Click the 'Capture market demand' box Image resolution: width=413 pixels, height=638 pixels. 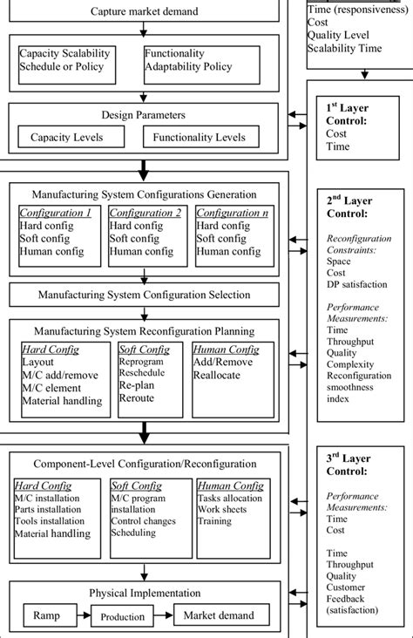click(145, 11)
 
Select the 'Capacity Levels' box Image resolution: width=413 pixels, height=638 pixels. click(66, 138)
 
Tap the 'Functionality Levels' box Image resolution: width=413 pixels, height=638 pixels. click(199, 138)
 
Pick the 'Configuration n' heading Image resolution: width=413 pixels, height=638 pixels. click(232, 213)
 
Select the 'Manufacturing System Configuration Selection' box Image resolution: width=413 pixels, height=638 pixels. click(145, 295)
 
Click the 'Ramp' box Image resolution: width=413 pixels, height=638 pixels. click(47, 616)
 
